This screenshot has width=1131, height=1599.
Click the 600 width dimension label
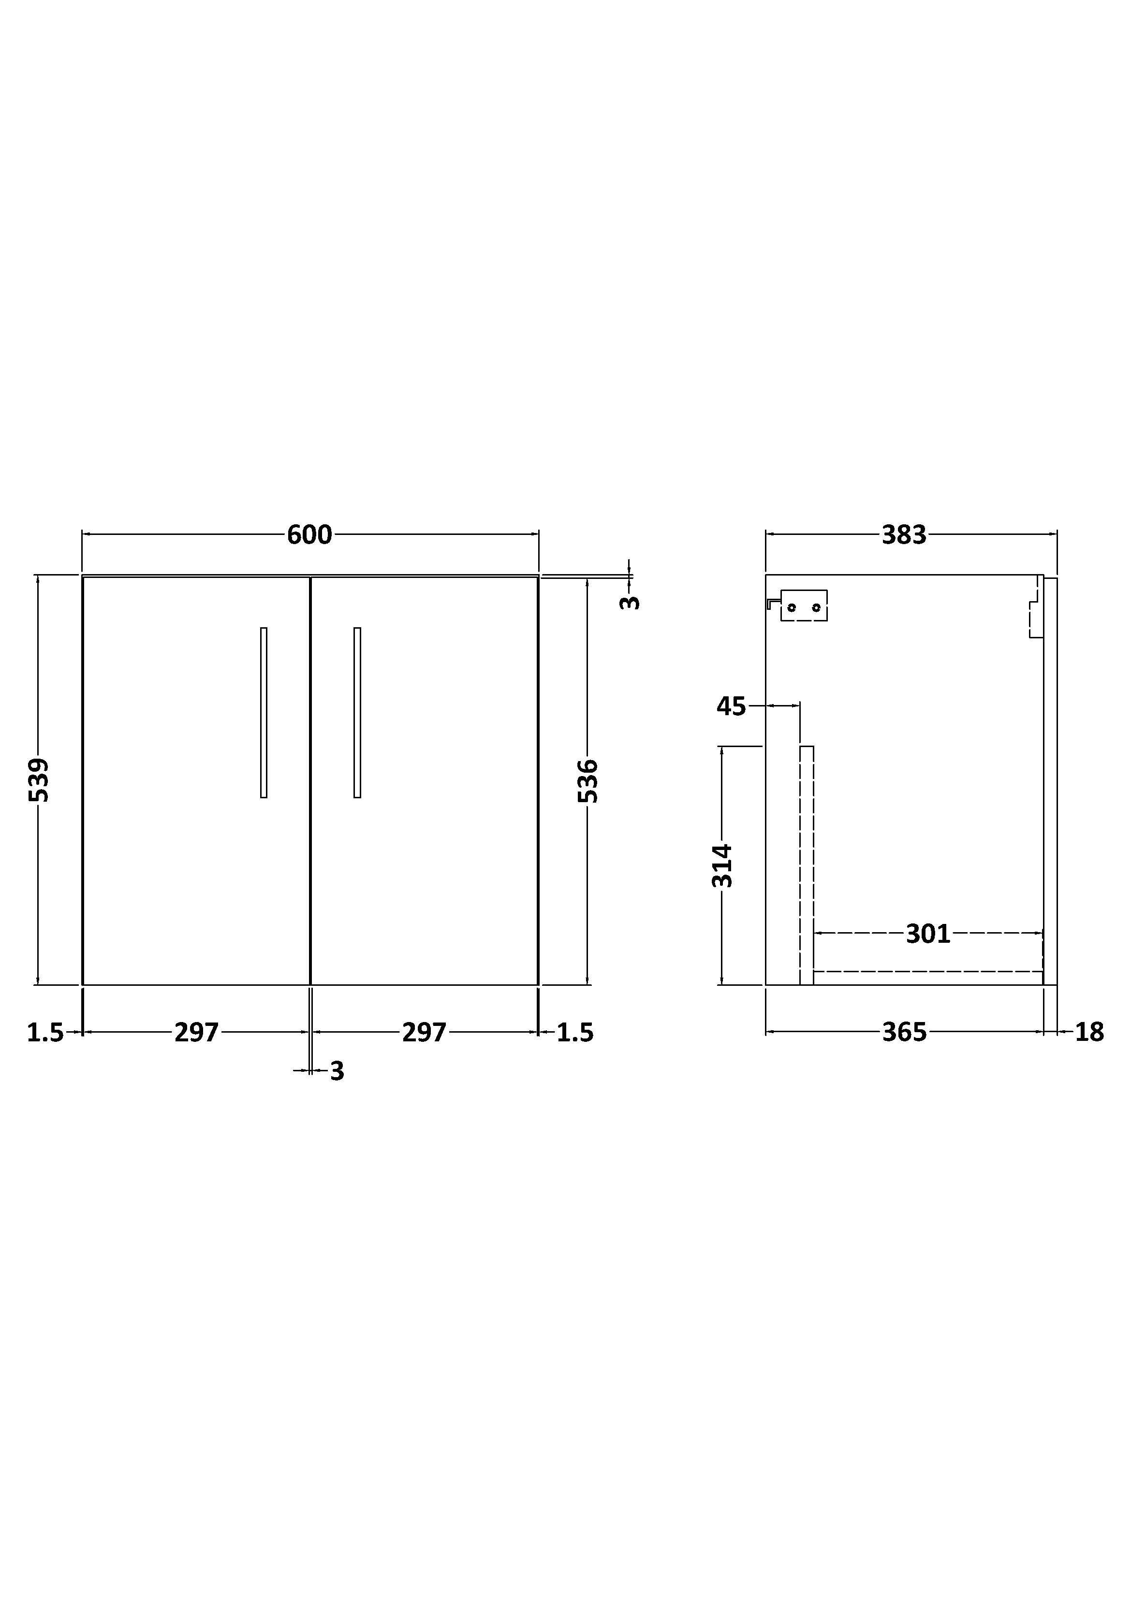point(309,535)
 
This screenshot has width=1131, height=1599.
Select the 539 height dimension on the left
point(39,779)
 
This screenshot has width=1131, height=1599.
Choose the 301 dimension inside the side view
point(928,933)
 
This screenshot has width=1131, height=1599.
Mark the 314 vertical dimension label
point(722,865)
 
